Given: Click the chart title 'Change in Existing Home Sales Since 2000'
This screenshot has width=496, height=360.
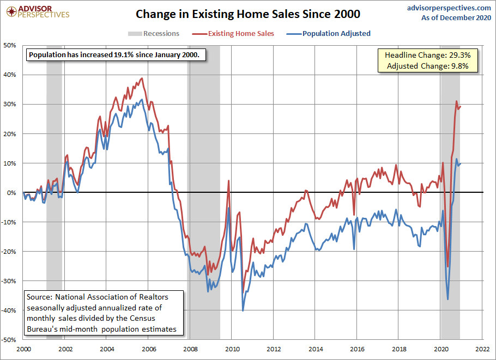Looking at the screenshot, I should pos(247,13).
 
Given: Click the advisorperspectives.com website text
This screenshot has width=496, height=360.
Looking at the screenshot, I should pos(449,8).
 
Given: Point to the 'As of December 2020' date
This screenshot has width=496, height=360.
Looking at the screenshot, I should pos(456,18).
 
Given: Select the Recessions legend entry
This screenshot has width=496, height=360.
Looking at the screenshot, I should pos(154,34).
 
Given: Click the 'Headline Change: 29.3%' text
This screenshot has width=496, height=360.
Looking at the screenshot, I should pos(431,56).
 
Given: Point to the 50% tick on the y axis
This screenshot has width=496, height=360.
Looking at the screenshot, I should pos(10,45).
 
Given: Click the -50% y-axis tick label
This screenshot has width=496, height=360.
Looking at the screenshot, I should pos(9,340).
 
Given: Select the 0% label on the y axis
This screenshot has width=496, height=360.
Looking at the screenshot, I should pos(12,193).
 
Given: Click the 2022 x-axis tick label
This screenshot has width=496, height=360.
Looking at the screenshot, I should pos(481,349).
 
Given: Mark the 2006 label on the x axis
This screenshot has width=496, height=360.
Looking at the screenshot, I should pos(148,349).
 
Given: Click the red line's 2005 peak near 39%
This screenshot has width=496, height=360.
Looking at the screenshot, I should pos(142,78).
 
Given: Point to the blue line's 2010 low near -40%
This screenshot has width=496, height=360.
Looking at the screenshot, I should pos(243,310).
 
